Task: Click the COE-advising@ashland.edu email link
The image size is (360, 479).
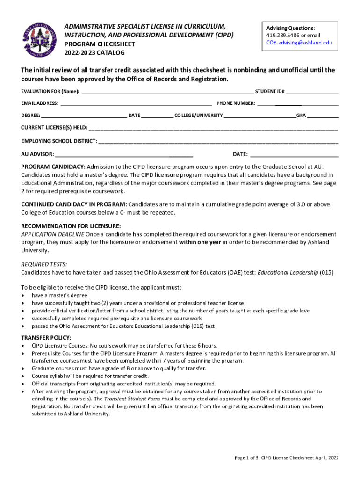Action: pyautogui.click(x=299, y=43)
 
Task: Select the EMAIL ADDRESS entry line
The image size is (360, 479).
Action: pyautogui.click(x=136, y=103)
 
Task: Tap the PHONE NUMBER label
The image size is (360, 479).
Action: pyautogui.click(x=235, y=103)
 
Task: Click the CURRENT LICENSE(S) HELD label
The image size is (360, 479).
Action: pyautogui.click(x=54, y=128)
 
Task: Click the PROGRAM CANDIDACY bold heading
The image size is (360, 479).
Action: pyautogui.click(x=53, y=167)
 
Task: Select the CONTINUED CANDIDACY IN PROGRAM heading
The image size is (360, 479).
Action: pyautogui.click(x=74, y=204)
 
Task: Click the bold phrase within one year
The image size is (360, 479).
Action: pyautogui.click(x=200, y=242)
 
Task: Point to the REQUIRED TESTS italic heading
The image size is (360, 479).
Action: pyautogui.click(x=44, y=264)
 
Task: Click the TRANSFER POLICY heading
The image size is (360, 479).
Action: pyautogui.click(x=46, y=338)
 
